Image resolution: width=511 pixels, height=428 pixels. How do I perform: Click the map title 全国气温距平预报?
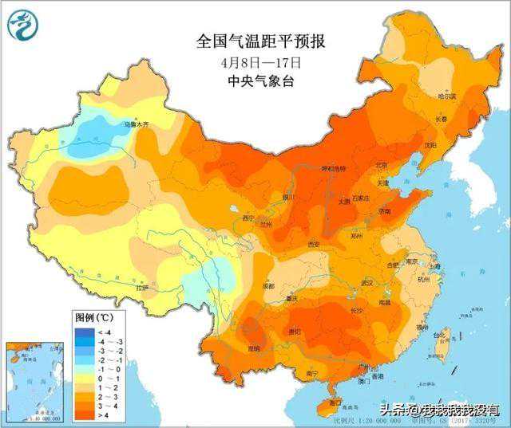pyautogui.click(x=261, y=41)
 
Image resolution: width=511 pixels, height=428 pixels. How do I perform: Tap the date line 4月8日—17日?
pyautogui.click(x=261, y=61)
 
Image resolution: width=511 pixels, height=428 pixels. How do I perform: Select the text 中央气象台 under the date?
pyautogui.click(x=261, y=80)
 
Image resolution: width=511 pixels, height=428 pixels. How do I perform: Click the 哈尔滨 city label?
pyautogui.click(x=447, y=96)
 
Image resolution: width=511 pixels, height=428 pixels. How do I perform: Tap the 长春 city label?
pyautogui.click(x=441, y=120)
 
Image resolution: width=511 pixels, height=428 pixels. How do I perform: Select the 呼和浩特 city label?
pyautogui.click(x=333, y=169)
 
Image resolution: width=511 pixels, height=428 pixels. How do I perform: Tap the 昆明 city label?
pyautogui.click(x=254, y=349)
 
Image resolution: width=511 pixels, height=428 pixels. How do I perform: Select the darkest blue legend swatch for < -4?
pyautogui.click(x=84, y=331)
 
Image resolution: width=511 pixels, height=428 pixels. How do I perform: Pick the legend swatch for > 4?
pyautogui.click(x=84, y=414)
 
